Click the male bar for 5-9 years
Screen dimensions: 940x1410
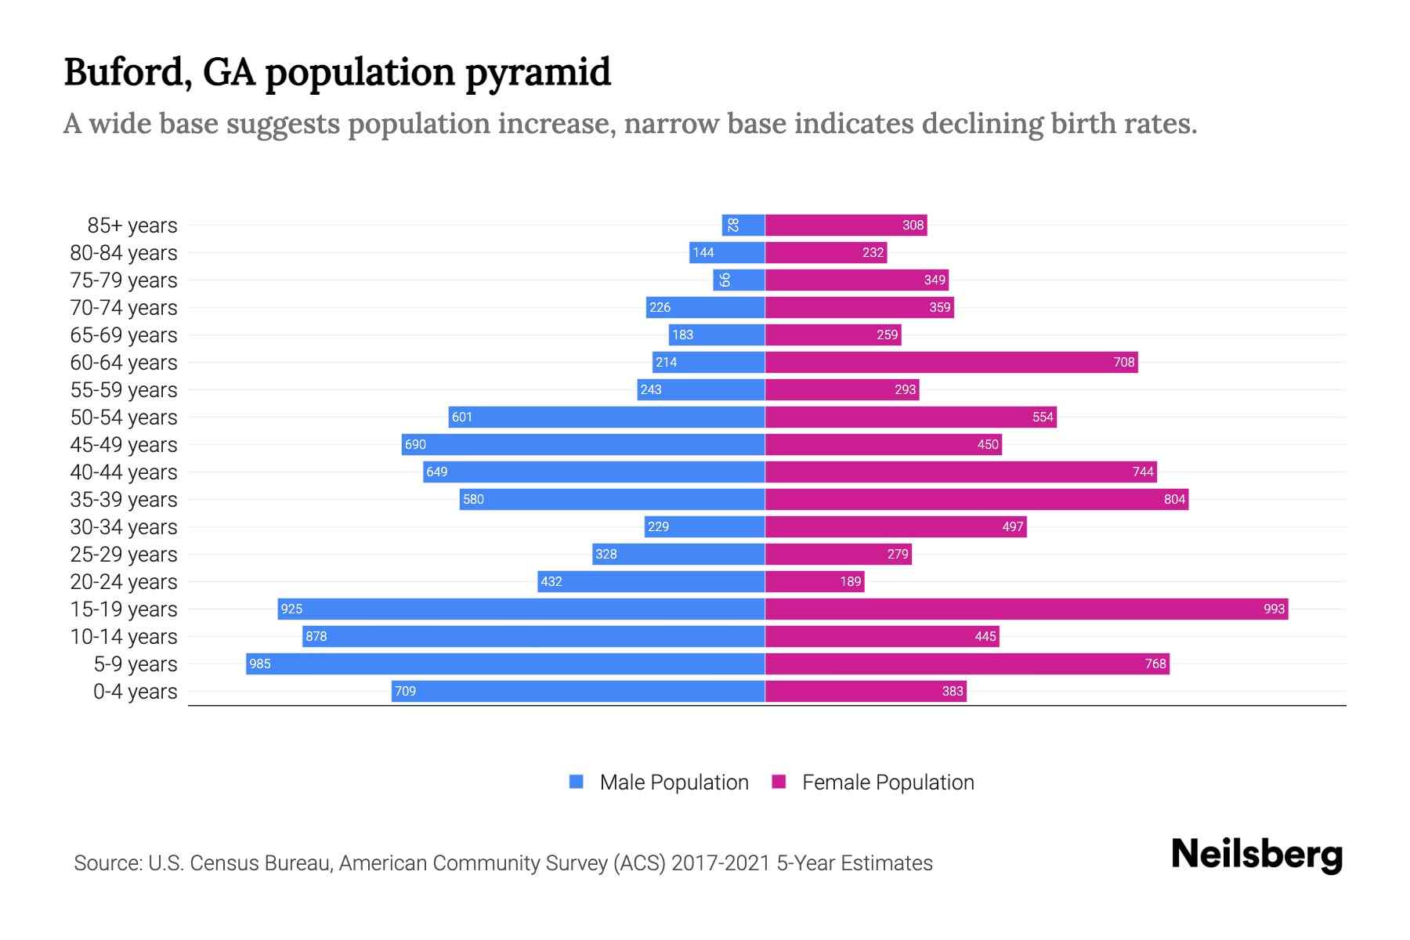click(505, 663)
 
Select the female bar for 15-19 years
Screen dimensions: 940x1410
click(1026, 609)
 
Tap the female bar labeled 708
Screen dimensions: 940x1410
click(951, 362)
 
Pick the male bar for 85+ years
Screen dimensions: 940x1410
click(743, 225)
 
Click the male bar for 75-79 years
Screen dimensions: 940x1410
click(739, 280)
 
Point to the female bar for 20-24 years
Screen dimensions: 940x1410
click(815, 581)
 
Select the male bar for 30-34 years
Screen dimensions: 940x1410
click(704, 526)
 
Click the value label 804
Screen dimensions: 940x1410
click(1174, 499)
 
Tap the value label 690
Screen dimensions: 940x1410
click(415, 444)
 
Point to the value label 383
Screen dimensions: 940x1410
click(953, 691)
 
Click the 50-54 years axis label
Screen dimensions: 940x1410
click(124, 417)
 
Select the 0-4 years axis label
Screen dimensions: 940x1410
click(135, 691)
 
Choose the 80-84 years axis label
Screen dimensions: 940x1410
click(124, 252)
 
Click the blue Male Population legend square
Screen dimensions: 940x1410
click(577, 782)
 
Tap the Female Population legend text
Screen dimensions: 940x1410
click(888, 782)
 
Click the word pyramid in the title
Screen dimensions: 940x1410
click(538, 73)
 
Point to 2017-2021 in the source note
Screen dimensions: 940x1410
click(721, 862)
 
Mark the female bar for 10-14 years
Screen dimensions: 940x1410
click(882, 636)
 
